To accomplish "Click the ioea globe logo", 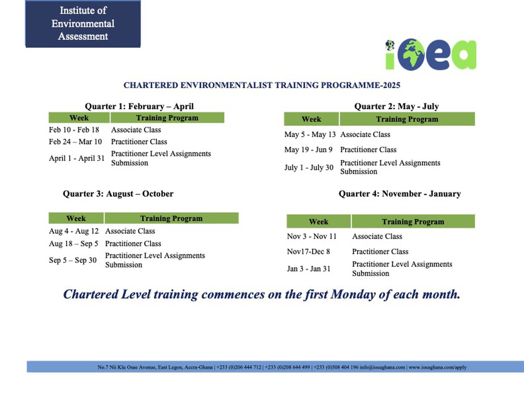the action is [x=431, y=55].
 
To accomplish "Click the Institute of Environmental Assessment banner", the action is [x=83, y=23].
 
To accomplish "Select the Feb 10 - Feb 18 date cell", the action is [x=74, y=129].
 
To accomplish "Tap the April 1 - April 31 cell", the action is [x=77, y=158].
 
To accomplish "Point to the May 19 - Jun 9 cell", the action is [x=309, y=149].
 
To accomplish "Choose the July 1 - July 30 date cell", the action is [x=309, y=167].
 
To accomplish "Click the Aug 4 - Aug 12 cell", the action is [x=74, y=231].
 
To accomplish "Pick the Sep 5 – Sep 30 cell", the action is [x=73, y=260].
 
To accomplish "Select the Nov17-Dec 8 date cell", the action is [x=309, y=251].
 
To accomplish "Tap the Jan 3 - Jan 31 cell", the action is [x=309, y=269].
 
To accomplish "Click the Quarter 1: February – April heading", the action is [x=139, y=106].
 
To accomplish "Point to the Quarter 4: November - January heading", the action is [x=399, y=194].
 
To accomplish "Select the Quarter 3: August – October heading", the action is [x=118, y=194].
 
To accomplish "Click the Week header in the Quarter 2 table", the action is [x=311, y=119].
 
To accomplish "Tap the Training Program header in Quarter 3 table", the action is [x=172, y=218].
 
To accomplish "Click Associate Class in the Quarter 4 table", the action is [x=377, y=236].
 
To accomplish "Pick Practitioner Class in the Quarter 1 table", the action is [x=139, y=142].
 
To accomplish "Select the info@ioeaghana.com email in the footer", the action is [x=382, y=367].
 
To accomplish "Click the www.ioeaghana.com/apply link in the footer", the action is [x=438, y=367].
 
